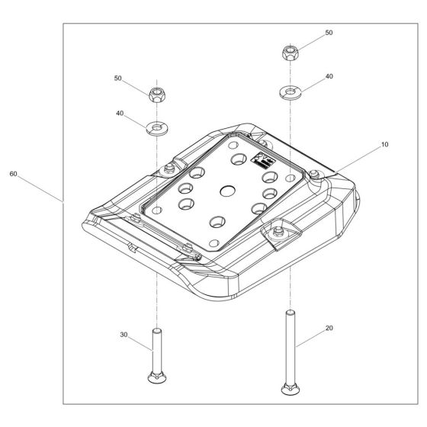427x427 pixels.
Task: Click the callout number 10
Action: click(384, 144)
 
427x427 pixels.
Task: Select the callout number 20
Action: click(329, 328)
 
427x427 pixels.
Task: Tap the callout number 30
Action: click(124, 335)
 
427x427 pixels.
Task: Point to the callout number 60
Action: click(13, 174)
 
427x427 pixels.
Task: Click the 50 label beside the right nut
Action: click(329, 33)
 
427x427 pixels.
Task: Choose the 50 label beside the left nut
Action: click(117, 78)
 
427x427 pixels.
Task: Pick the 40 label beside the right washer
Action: click(329, 76)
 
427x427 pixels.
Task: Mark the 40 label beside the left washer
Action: click(120, 113)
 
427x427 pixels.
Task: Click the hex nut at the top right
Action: click(291, 53)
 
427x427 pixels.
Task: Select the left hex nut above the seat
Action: click(157, 95)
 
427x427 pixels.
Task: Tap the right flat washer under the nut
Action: click(291, 92)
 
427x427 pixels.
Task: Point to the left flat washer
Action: click(157, 128)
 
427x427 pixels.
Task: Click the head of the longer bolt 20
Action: click(291, 389)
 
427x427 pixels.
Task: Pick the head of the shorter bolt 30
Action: click(157, 377)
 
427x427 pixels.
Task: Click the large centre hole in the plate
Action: click(227, 191)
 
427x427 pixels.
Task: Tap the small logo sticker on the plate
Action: click(263, 159)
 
